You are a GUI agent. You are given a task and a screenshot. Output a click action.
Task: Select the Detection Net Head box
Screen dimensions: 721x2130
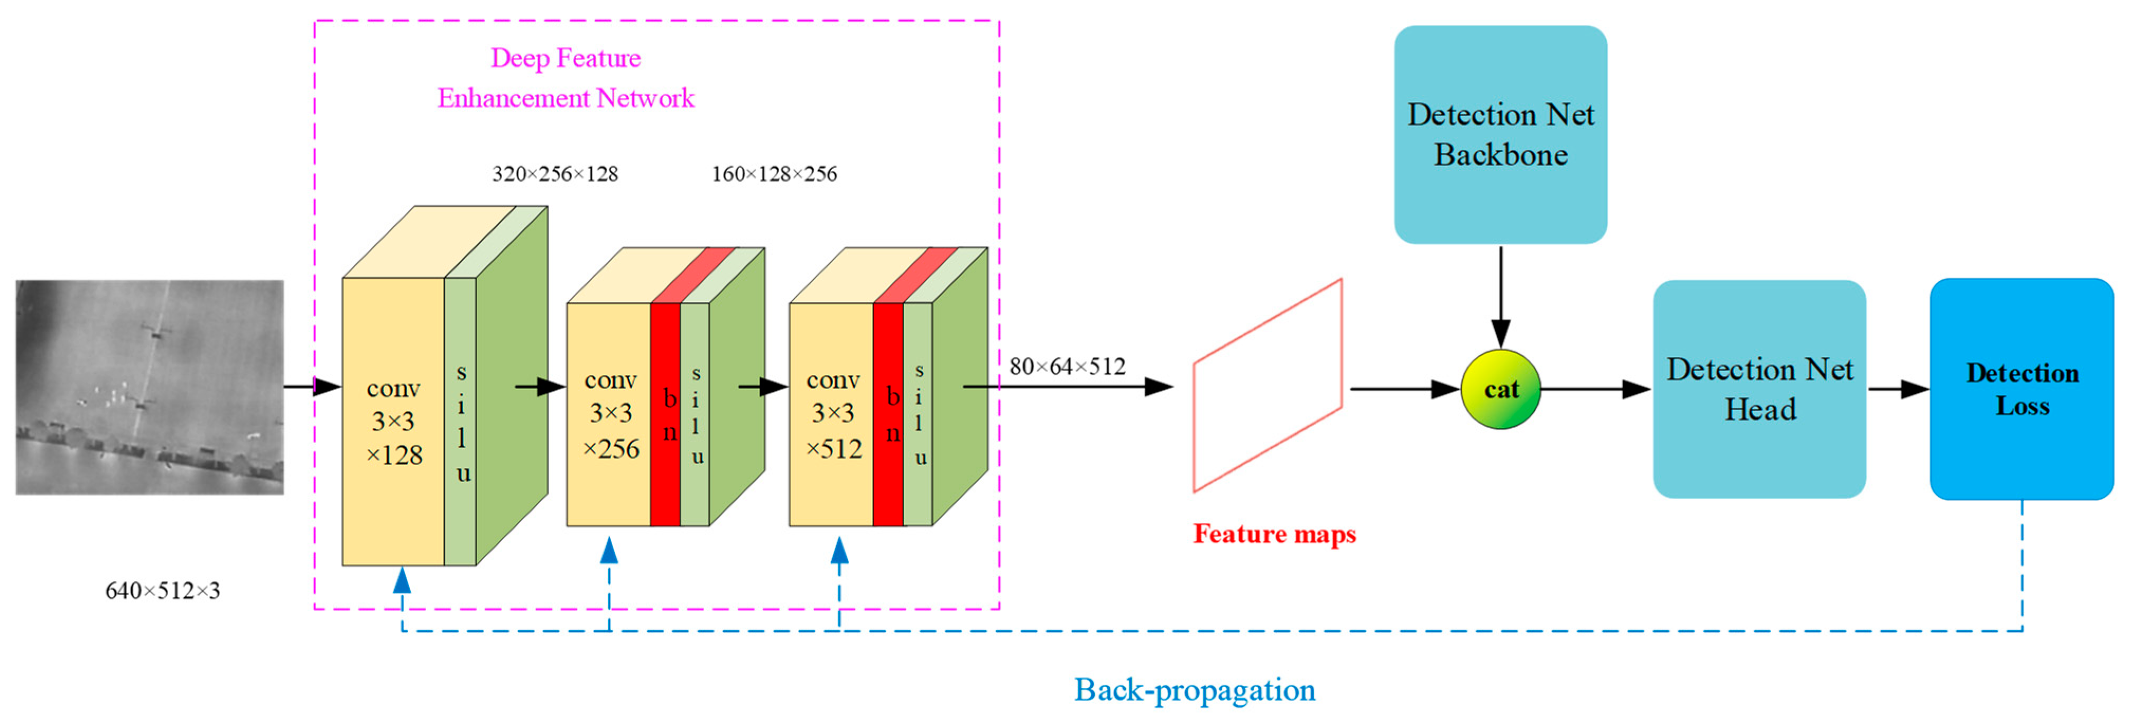pos(1759,389)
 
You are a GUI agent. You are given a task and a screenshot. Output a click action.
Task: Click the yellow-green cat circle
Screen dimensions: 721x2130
pos(1500,389)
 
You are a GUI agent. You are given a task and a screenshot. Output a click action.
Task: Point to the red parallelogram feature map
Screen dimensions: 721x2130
pos(1267,385)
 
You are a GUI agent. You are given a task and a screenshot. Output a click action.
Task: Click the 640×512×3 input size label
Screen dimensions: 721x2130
pos(162,590)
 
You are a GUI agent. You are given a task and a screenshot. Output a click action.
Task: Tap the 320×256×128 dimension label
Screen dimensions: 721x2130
pos(555,173)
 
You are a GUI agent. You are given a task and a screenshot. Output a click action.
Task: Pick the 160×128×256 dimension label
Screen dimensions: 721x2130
pos(774,173)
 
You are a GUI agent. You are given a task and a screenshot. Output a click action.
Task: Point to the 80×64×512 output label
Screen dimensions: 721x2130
pos(1067,366)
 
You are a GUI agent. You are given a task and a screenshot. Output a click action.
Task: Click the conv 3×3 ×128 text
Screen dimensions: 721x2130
pos(394,422)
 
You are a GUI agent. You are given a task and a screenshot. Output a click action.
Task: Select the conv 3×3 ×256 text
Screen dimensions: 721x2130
pos(610,413)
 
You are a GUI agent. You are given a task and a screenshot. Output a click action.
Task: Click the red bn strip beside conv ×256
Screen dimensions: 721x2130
pos(665,413)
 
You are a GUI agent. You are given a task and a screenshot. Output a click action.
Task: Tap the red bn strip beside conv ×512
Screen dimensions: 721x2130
pos(888,413)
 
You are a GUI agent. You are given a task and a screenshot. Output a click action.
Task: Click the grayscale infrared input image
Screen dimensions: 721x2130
pos(150,387)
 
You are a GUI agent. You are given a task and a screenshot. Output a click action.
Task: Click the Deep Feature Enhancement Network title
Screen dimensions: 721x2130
pos(566,78)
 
